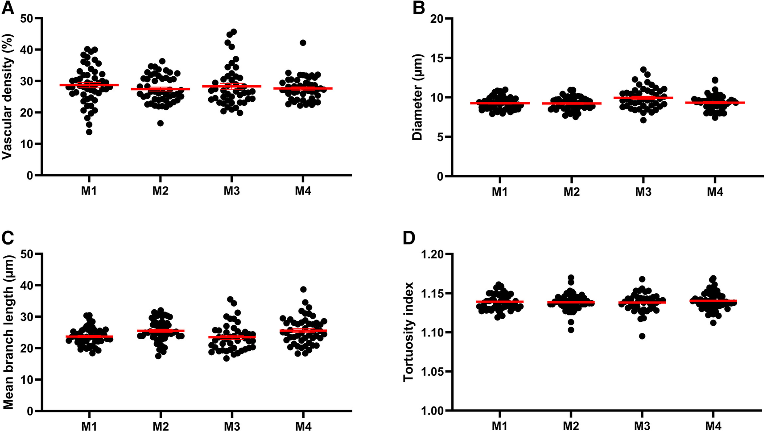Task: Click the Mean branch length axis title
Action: coord(8,332)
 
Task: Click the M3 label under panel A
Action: coord(231,191)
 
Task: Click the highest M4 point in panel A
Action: coord(303,43)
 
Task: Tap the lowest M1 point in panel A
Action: coord(89,132)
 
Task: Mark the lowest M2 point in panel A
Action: coord(160,123)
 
